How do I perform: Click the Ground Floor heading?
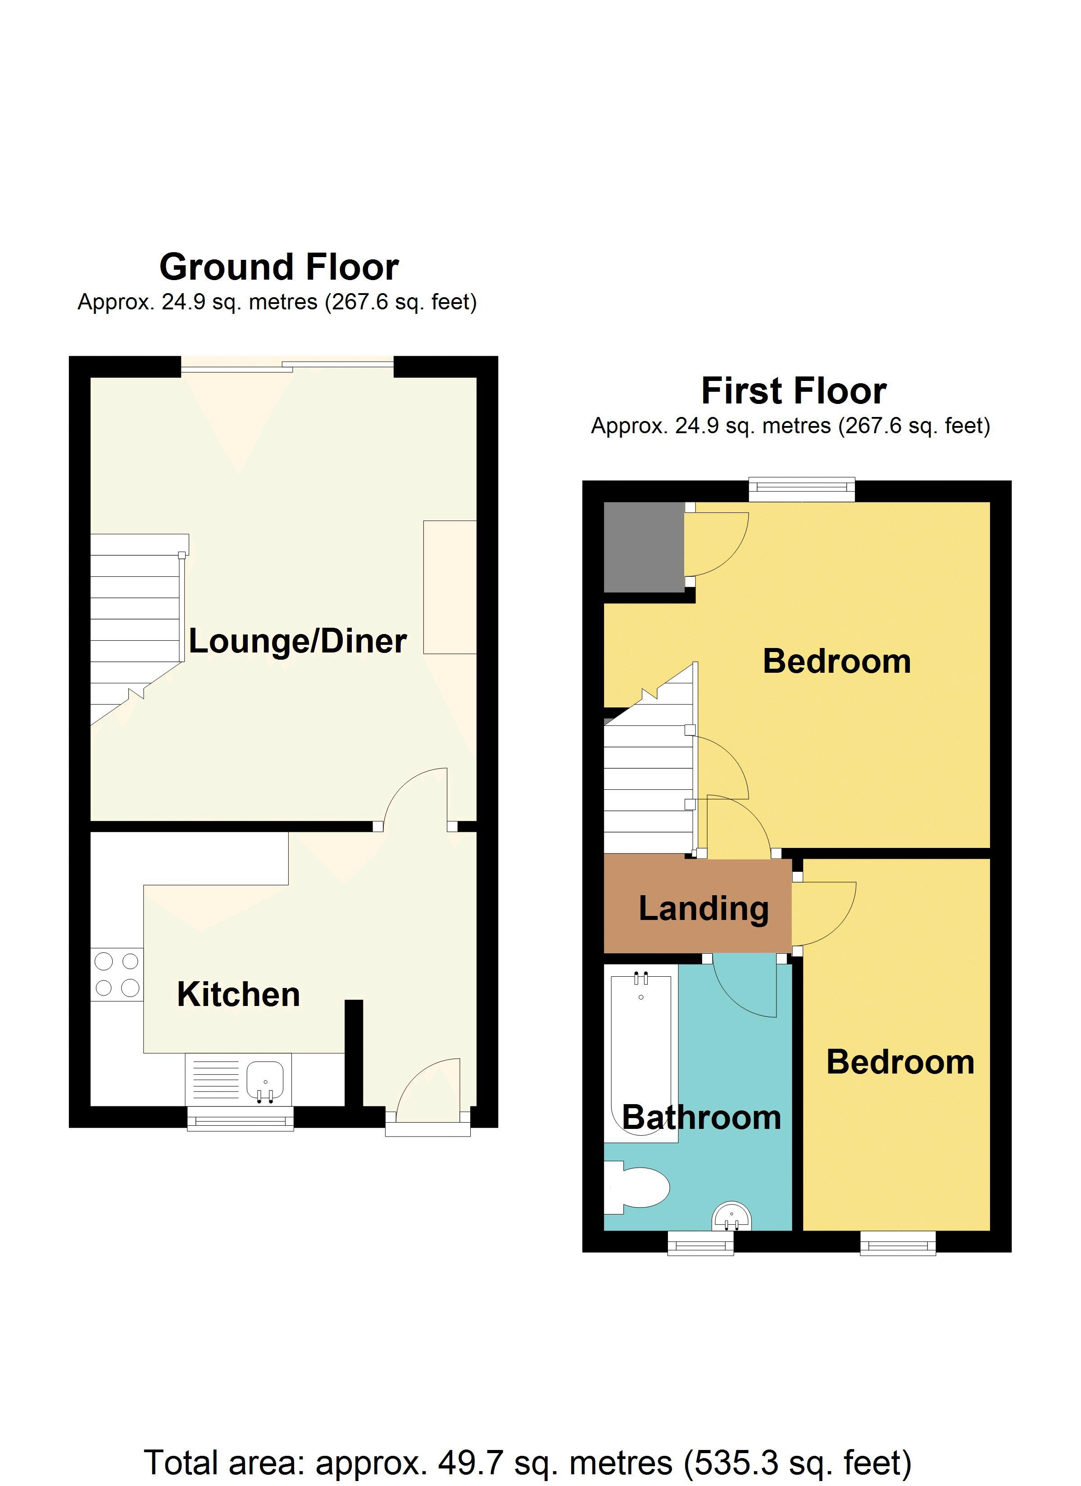click(279, 267)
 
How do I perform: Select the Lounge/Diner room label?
click(298, 641)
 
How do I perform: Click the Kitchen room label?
click(239, 995)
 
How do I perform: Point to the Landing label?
click(704, 909)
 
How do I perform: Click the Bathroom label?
click(701, 1117)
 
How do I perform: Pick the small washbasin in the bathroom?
click(731, 1217)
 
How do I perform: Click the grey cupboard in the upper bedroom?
click(643, 546)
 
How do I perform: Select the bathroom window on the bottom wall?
click(700, 1242)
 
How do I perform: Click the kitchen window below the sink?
click(240, 1120)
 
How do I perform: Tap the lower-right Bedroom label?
click(900, 1061)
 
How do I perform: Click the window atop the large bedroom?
click(802, 488)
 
